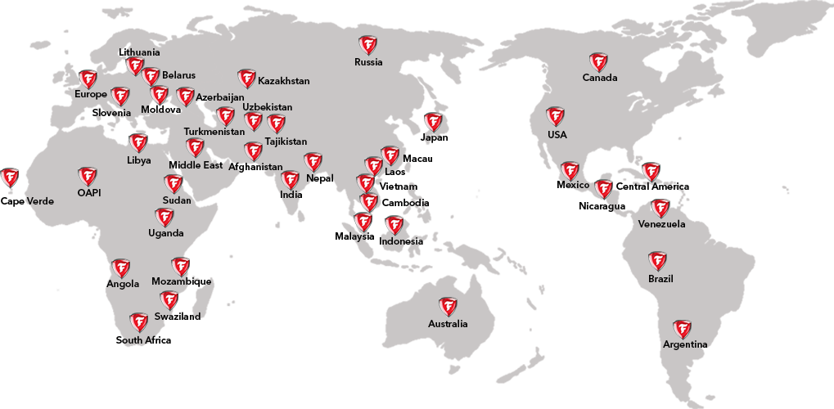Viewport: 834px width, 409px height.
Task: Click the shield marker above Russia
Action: point(367,45)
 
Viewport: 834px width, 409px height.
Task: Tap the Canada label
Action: point(600,78)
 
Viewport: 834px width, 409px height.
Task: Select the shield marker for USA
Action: point(555,116)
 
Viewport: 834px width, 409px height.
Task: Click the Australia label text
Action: point(448,324)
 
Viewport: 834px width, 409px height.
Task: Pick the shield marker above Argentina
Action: point(682,330)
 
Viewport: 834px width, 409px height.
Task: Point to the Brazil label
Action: point(660,279)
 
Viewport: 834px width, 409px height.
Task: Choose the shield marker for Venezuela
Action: point(660,208)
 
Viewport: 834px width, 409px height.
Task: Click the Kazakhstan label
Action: point(283,81)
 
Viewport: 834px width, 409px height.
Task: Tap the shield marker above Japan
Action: point(433,122)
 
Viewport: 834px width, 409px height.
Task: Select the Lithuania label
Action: point(139,52)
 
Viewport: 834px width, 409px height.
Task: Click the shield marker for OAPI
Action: point(88,177)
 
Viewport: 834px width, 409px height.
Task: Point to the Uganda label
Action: point(165,233)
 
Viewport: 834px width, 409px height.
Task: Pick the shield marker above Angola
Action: point(121,268)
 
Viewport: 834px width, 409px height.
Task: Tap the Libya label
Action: point(139,160)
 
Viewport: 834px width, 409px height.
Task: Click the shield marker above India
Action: point(290,180)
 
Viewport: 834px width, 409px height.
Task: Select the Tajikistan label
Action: point(286,142)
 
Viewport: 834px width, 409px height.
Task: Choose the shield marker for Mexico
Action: point(570,171)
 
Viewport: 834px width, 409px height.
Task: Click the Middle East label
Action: point(196,165)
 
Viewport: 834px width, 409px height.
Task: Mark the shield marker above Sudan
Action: point(173,183)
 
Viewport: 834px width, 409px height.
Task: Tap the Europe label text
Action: point(91,94)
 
